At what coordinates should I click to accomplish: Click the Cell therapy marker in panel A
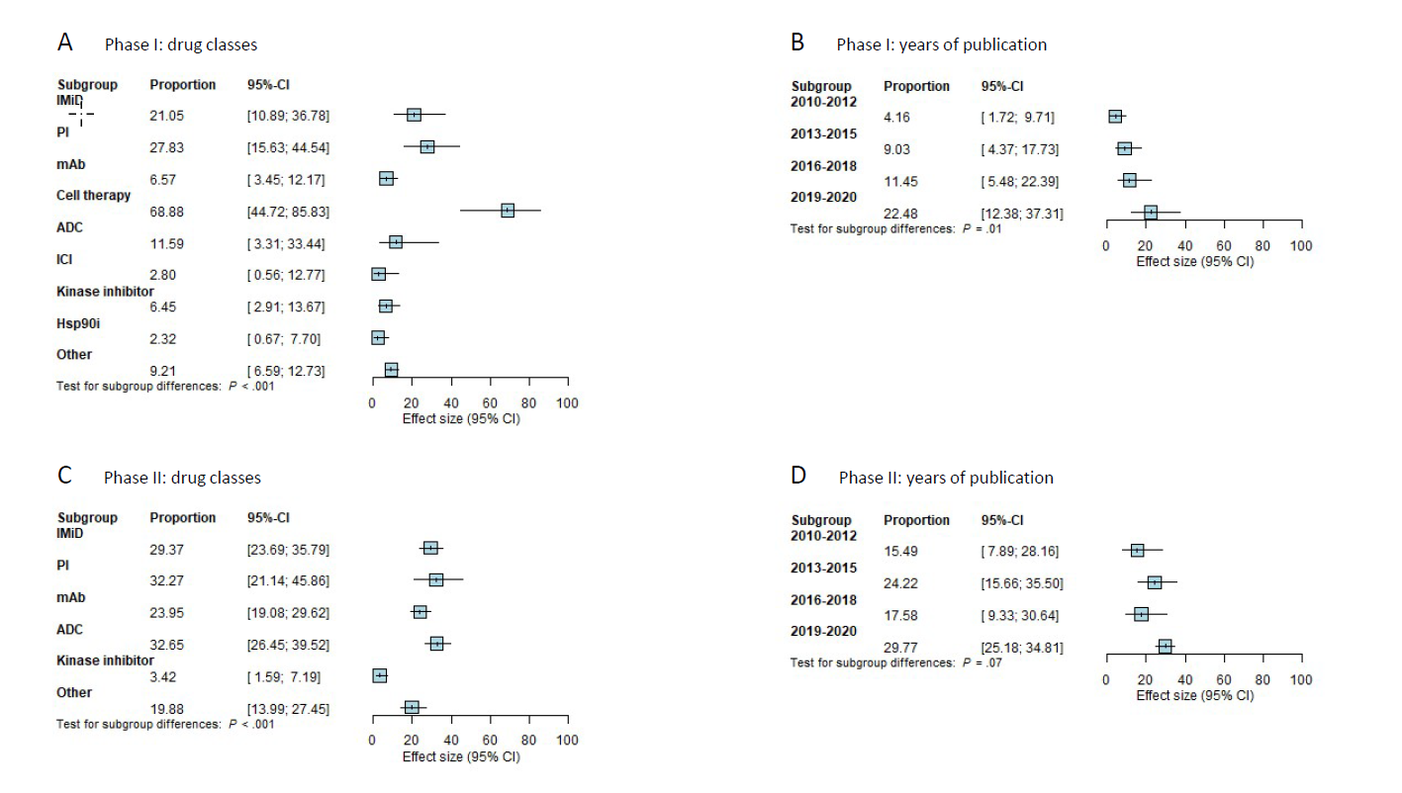[508, 211]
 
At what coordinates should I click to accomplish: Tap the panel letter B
[797, 43]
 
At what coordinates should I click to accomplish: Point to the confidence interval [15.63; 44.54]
[288, 147]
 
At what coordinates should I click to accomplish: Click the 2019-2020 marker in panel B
[1150, 213]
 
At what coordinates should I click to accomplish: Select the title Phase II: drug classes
[182, 478]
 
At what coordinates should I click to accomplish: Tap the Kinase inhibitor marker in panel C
[379, 675]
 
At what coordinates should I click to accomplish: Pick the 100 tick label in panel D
[1301, 680]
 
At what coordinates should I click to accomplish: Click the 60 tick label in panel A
[490, 403]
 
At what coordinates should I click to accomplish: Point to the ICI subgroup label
[67, 259]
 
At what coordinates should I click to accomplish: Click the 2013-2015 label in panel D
[824, 568]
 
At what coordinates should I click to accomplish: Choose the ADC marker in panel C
[436, 644]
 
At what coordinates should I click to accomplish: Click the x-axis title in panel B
[1194, 260]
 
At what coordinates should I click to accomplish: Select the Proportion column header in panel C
[182, 517]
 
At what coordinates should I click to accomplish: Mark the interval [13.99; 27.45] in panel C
[288, 708]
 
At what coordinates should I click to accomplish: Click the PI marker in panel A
[426, 146]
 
